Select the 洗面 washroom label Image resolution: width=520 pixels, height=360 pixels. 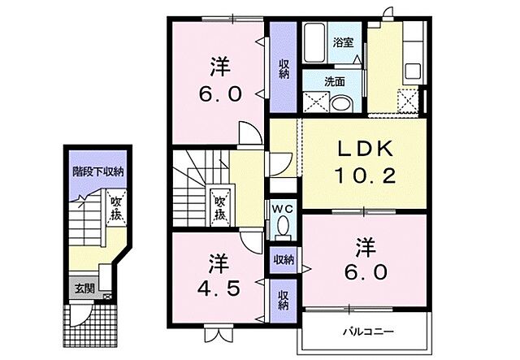click(x=335, y=81)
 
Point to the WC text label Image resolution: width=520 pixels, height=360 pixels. click(x=282, y=208)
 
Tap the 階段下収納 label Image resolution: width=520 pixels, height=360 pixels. click(x=96, y=171)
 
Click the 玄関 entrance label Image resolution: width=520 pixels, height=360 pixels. click(x=84, y=288)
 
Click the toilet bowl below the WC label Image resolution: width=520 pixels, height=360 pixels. click(x=282, y=228)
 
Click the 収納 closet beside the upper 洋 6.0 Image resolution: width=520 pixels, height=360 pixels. click(x=284, y=67)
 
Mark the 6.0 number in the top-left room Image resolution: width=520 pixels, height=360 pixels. click(x=218, y=94)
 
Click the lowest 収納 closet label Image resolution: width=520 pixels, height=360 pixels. click(x=284, y=299)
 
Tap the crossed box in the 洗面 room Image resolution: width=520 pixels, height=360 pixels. click(x=314, y=102)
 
